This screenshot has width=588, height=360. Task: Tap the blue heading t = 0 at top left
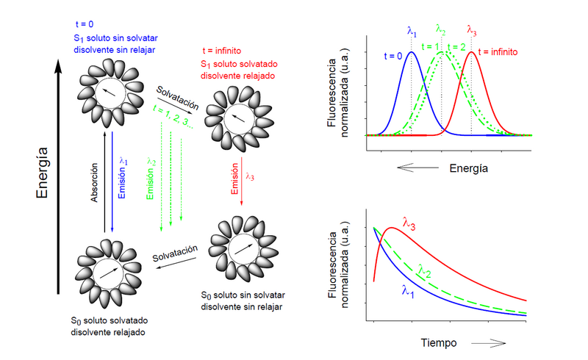(x=88, y=24)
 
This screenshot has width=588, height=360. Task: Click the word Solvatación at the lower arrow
(x=175, y=253)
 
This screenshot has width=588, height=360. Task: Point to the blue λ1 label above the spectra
(x=412, y=31)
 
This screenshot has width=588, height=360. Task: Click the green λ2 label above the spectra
(x=441, y=29)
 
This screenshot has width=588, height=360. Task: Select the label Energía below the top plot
(x=468, y=168)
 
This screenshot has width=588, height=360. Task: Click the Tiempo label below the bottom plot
(x=439, y=342)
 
